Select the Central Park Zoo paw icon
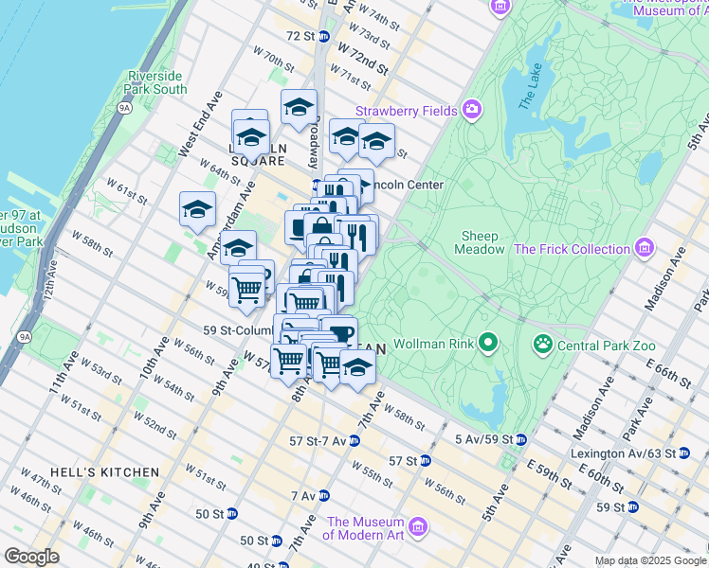click(543, 343)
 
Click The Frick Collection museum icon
click(645, 249)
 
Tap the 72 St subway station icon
click(323, 36)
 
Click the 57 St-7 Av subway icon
click(354, 440)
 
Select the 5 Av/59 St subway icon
click(520, 439)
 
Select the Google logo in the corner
click(31, 557)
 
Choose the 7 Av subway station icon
click(323, 495)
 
